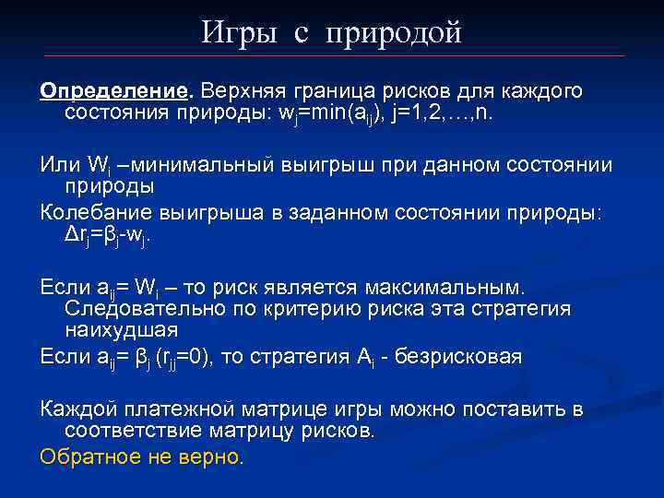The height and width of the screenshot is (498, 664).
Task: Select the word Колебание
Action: point(96,212)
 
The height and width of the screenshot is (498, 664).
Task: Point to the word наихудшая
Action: point(121,329)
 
